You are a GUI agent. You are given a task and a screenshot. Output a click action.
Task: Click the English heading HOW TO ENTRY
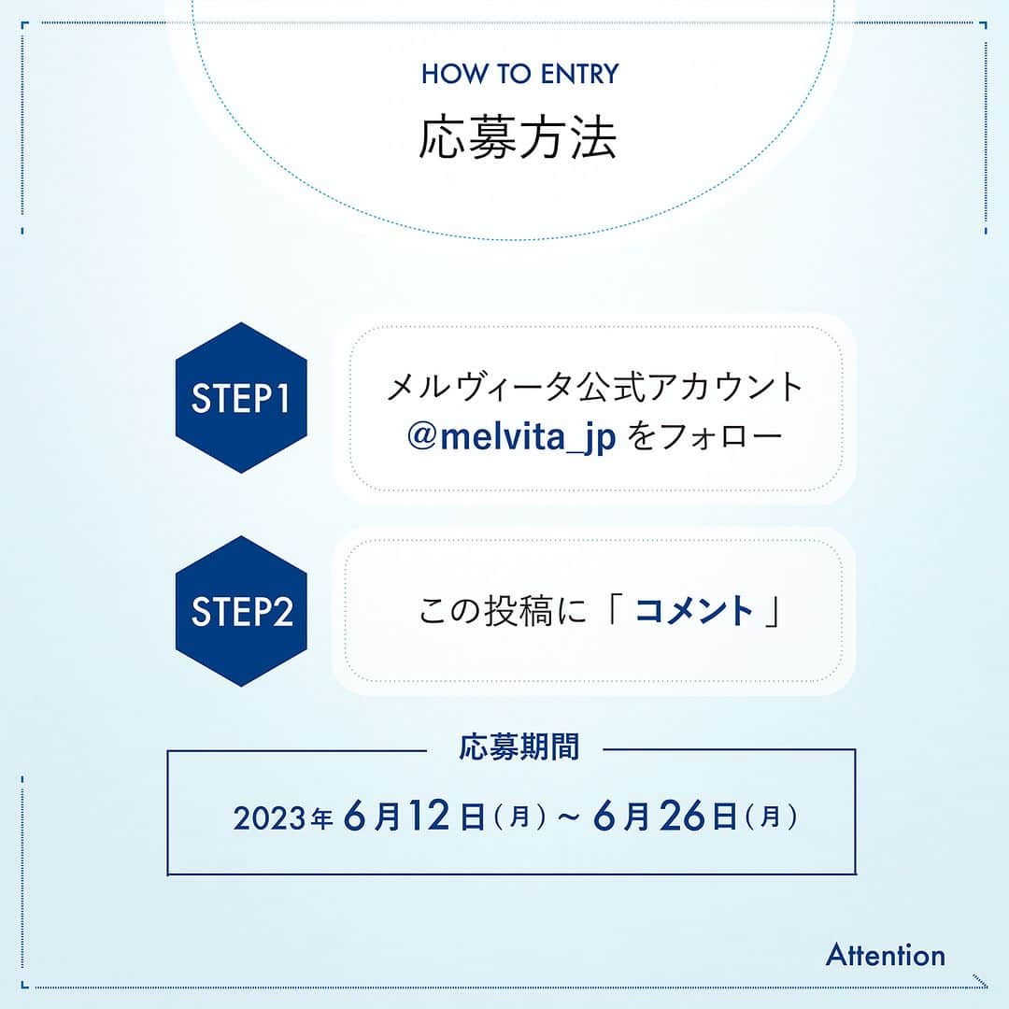(x=520, y=74)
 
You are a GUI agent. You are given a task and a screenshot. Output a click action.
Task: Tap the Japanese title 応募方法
(x=518, y=137)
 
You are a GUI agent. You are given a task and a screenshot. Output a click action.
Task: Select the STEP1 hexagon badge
(x=241, y=398)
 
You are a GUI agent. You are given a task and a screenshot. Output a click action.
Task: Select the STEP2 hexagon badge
(x=241, y=611)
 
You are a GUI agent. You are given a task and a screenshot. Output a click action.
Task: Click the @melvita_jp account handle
(x=512, y=437)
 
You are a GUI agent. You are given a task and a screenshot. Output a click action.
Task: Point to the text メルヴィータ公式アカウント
(x=595, y=388)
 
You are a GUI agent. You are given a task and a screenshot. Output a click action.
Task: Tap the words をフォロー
(x=704, y=437)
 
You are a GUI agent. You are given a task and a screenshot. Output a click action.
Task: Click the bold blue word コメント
(x=693, y=611)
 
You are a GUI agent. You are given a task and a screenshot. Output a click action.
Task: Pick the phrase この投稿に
(x=503, y=611)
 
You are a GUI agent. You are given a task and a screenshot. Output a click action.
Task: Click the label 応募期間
(x=519, y=747)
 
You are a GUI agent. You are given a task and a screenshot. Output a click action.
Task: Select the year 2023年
(x=283, y=818)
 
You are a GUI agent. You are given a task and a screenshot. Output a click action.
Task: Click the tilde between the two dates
(x=569, y=817)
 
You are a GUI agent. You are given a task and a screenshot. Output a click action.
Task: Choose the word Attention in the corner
(x=886, y=955)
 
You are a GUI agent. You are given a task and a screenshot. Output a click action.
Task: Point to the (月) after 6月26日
(x=771, y=817)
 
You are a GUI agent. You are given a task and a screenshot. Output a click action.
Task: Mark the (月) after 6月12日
(x=520, y=817)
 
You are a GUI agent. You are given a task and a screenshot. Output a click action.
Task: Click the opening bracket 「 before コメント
(x=611, y=606)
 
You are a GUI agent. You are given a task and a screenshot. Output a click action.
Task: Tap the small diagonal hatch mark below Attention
(x=980, y=981)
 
